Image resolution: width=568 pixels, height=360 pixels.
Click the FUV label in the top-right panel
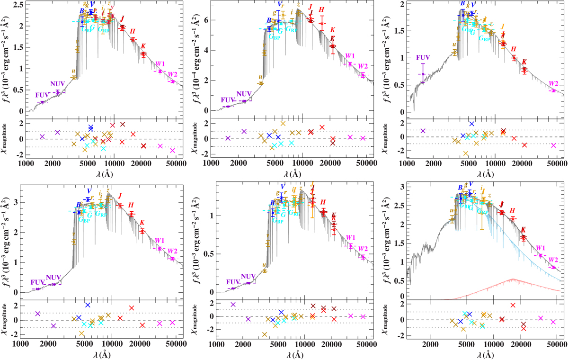click(424, 58)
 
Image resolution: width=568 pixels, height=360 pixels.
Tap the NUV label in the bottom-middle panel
click(249, 277)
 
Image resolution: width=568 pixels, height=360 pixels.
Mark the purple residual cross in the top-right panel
click(423, 131)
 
